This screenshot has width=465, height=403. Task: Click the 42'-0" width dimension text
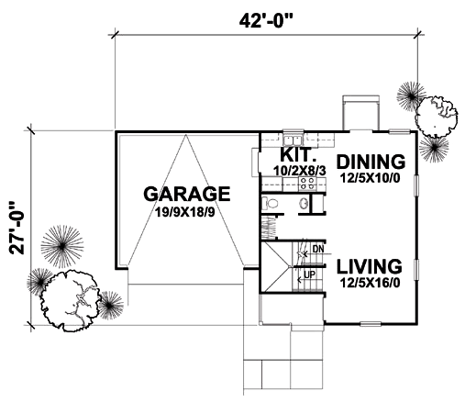pos(266,21)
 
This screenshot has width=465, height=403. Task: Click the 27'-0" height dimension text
pos(17,228)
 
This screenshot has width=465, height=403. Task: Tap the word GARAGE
pos(187,194)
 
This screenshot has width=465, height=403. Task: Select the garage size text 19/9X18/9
pos(184,212)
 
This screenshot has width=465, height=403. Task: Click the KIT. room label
pos(298,155)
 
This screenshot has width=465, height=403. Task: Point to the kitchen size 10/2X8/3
pos(300,171)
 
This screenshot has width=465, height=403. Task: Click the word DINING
pos(371,162)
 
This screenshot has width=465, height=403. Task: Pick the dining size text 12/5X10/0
pos(370,178)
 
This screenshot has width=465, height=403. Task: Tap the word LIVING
pos(370,266)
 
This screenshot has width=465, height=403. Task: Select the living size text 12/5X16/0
pos(370,283)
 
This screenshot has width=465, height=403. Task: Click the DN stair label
pos(318,249)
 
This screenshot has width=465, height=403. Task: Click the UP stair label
pos(310,274)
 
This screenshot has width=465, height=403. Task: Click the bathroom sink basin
pos(304,203)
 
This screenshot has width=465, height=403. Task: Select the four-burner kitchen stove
pos(307,184)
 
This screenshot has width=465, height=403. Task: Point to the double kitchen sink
pos(293,140)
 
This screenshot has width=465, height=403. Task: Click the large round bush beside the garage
pos(70,300)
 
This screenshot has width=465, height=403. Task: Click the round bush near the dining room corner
pos(437,117)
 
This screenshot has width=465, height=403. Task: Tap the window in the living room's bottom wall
pos(371,324)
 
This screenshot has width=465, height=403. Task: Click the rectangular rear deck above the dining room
pos(360,113)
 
